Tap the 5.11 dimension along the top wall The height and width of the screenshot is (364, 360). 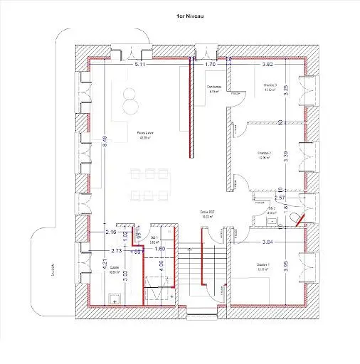click(140, 65)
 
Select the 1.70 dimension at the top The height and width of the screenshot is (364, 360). click(210, 65)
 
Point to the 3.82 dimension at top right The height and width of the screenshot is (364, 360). click(268, 65)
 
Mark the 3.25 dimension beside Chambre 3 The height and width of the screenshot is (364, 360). click(285, 90)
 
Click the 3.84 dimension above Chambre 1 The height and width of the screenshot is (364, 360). click(268, 242)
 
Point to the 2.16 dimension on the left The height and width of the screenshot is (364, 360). click(110, 232)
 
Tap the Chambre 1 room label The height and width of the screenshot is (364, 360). click(265, 267)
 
